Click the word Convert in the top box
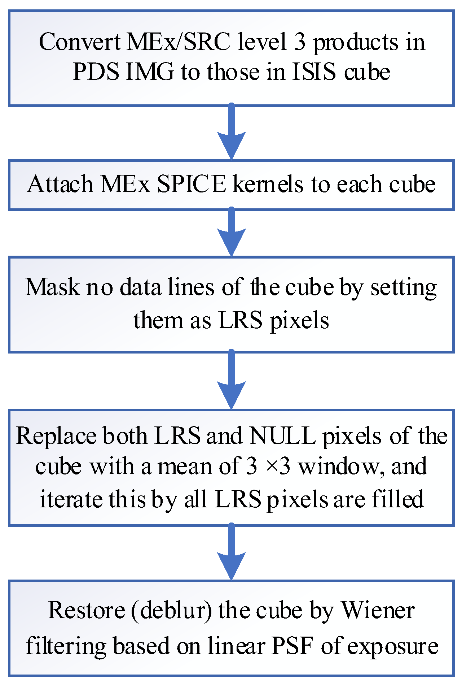click(x=80, y=42)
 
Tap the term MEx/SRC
click(x=179, y=42)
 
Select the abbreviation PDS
click(x=96, y=72)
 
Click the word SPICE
click(x=192, y=184)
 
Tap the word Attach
click(x=60, y=184)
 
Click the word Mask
click(x=52, y=287)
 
